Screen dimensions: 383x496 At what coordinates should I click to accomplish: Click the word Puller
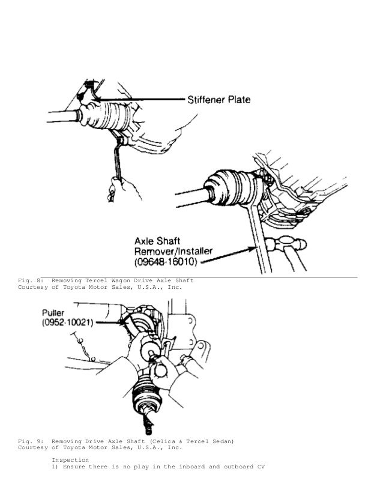(58, 313)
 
